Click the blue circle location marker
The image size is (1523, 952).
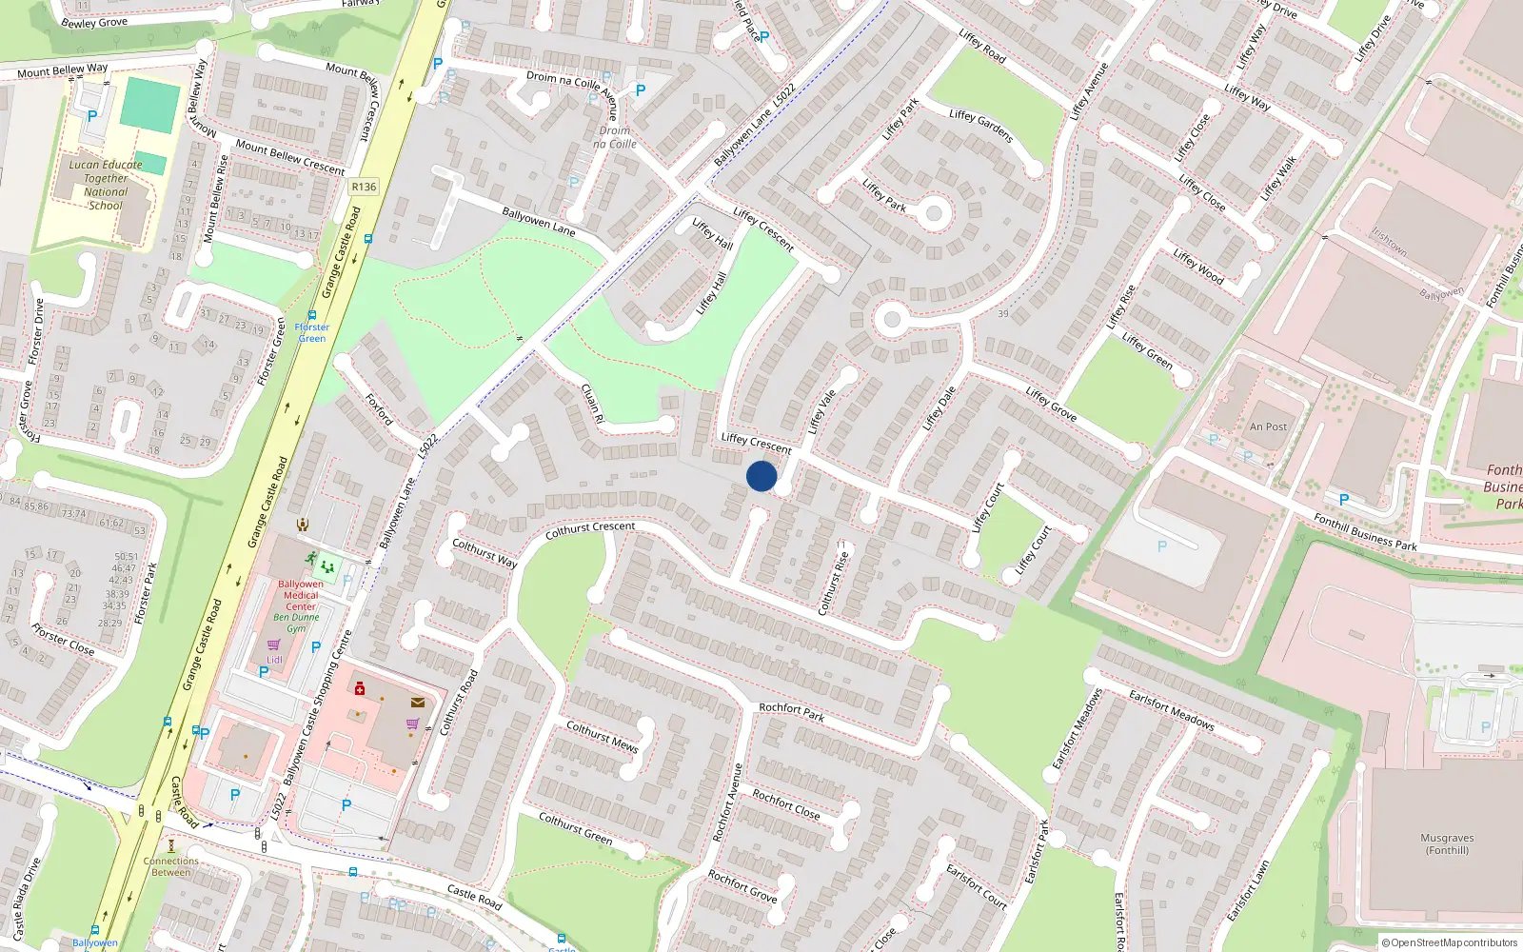761,476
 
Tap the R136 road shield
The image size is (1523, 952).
364,187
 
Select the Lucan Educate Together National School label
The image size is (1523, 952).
106,185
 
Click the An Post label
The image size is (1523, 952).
1268,427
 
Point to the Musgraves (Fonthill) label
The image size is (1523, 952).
1447,844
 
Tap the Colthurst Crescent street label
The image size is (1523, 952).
590,529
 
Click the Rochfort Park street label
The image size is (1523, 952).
791,711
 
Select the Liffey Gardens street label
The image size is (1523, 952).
980,125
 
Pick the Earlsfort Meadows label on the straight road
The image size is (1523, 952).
1172,710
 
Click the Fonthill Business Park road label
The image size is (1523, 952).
1365,532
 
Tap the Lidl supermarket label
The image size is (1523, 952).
274,660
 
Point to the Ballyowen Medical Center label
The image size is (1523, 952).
301,595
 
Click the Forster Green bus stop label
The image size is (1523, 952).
311,332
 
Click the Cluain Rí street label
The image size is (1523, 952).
592,404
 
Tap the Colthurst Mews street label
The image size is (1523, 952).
602,736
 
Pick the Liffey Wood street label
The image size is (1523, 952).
1198,267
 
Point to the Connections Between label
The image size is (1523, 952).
171,866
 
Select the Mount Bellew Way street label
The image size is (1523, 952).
63,70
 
